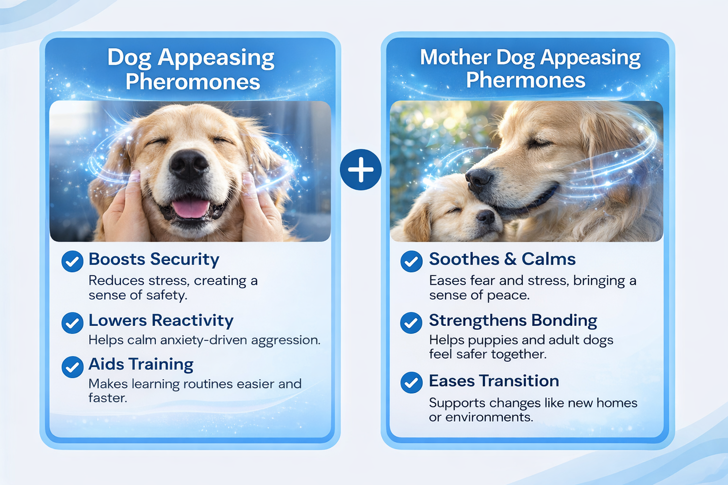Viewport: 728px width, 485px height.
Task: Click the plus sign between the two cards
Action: pyautogui.click(x=361, y=170)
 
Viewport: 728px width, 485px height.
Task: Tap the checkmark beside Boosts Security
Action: pyautogui.click(x=72, y=261)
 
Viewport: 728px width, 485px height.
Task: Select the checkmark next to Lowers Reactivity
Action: pyautogui.click(x=72, y=323)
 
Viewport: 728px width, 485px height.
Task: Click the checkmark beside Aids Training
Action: pyautogui.click(x=72, y=367)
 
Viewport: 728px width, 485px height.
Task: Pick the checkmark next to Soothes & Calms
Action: pyautogui.click(x=412, y=261)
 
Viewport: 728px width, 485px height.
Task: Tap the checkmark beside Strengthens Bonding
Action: pyautogui.click(x=412, y=323)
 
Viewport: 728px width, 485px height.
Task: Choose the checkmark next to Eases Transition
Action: pyautogui.click(x=412, y=382)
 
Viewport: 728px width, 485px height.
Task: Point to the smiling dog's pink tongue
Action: pyautogui.click(x=191, y=209)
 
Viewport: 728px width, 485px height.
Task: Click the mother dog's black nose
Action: pyautogui.click(x=479, y=179)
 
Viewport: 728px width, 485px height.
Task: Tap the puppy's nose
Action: pyautogui.click(x=486, y=216)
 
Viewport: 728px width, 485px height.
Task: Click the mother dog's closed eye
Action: pyautogui.click(x=539, y=143)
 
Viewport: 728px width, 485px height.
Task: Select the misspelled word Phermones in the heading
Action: pyautogui.click(x=526, y=80)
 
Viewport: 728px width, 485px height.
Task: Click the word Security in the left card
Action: pyautogui.click(x=184, y=260)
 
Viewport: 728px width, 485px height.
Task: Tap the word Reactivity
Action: pyautogui.click(x=193, y=321)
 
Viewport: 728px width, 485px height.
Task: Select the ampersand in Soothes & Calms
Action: pyautogui.click(x=510, y=259)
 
